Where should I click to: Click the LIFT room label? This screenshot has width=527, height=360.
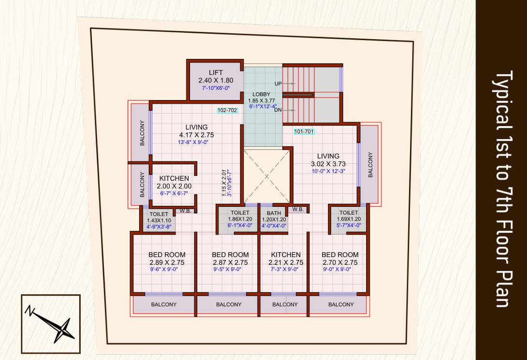(x=215, y=72)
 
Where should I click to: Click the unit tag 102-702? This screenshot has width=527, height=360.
(x=227, y=110)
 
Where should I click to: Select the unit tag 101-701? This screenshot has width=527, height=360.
(x=304, y=131)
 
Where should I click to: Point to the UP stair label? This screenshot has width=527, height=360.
(x=278, y=84)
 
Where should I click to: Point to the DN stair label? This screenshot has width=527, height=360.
(x=278, y=110)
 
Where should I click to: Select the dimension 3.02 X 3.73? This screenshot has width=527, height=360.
(x=328, y=164)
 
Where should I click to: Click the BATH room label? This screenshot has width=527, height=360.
(x=274, y=213)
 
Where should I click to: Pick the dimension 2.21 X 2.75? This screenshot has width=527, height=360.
(x=286, y=262)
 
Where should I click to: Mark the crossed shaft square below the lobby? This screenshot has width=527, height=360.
(x=267, y=176)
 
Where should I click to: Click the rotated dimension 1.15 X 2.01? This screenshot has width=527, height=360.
(x=224, y=183)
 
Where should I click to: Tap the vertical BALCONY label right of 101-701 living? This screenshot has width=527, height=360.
(x=371, y=165)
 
